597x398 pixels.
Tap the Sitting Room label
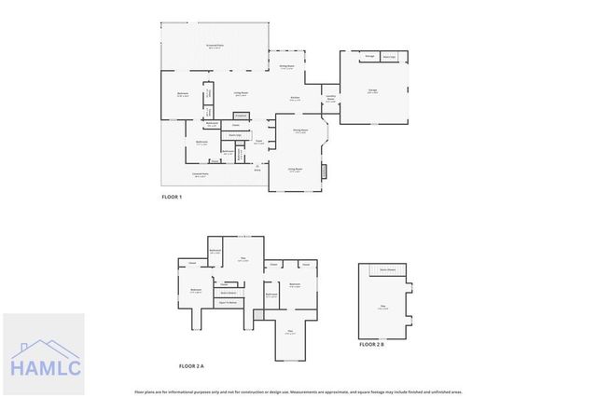pyautogui.click(x=287, y=66)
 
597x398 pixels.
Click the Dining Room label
pyautogui.click(x=300, y=131)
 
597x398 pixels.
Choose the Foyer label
pyautogui.click(x=258, y=143)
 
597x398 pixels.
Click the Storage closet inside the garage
pyautogui.click(x=369, y=57)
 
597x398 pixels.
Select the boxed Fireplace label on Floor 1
pyautogui.click(x=240, y=116)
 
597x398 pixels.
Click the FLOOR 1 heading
pyautogui.click(x=172, y=198)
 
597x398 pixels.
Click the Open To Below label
pyautogui.click(x=228, y=303)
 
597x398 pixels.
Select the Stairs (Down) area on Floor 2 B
pyautogui.click(x=386, y=271)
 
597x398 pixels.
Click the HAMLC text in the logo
pyautogui.click(x=45, y=366)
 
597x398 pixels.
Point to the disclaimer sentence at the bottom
pyautogui.click(x=298, y=391)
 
